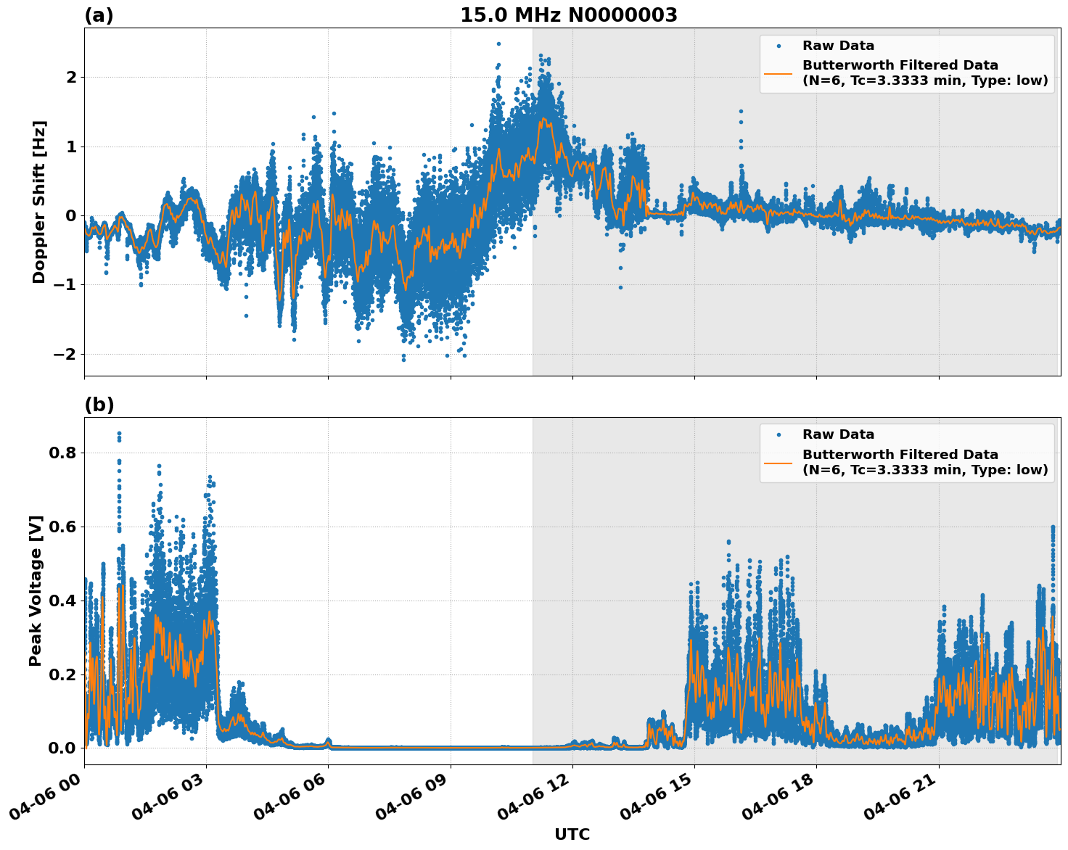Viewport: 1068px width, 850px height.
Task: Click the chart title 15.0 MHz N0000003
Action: tap(568, 15)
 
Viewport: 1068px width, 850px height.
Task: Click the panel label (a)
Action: tap(99, 15)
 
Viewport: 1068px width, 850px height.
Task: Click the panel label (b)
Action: tap(99, 405)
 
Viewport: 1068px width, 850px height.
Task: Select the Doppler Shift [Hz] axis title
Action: tap(39, 202)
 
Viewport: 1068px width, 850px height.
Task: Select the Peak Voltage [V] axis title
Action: tap(36, 590)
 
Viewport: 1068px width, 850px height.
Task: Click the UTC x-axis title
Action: tap(572, 834)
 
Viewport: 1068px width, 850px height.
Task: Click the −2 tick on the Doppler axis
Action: tap(64, 354)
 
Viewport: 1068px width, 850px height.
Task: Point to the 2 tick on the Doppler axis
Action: tap(71, 77)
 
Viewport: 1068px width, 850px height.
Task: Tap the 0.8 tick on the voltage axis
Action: tap(62, 453)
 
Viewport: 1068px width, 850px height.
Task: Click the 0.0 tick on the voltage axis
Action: tap(62, 748)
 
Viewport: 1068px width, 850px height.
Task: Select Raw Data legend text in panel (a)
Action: tap(838, 46)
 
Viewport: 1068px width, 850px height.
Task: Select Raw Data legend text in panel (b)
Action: tap(838, 434)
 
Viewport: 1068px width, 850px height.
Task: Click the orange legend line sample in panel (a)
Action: tap(778, 73)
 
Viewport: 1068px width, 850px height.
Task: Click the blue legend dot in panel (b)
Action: tap(778, 435)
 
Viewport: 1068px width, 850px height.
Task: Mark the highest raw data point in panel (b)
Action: tap(119, 434)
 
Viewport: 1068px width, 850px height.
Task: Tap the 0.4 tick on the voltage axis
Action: tap(62, 601)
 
